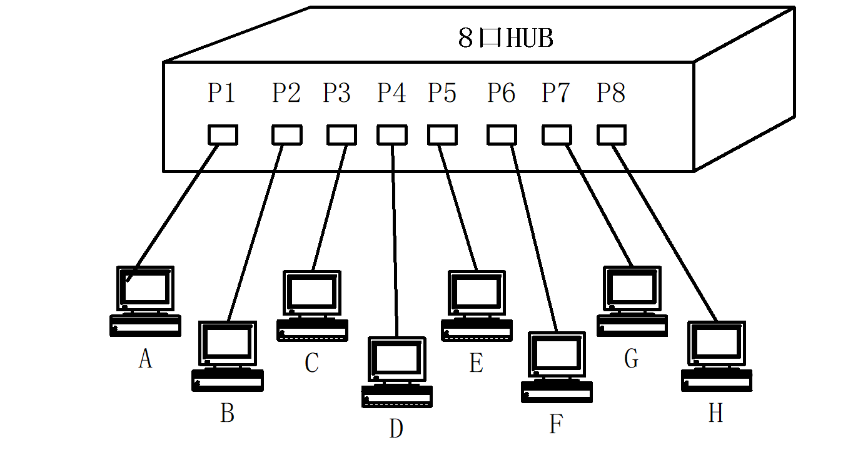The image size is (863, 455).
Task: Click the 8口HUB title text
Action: (x=506, y=39)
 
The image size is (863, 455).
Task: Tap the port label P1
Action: (x=221, y=93)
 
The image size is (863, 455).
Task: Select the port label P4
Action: (x=391, y=93)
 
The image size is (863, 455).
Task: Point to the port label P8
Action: (x=611, y=93)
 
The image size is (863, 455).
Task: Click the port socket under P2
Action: (x=287, y=135)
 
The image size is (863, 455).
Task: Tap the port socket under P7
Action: (x=557, y=135)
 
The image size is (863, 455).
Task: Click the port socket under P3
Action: (x=341, y=135)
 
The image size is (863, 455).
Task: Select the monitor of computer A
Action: (x=146, y=287)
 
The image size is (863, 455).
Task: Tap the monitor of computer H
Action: (x=717, y=343)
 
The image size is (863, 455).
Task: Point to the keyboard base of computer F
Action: (x=557, y=391)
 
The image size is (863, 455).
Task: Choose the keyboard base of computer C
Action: (x=312, y=330)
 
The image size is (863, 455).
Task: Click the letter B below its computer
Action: (x=227, y=413)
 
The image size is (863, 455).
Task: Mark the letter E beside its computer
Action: (x=477, y=363)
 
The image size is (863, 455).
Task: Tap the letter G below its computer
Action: (x=632, y=359)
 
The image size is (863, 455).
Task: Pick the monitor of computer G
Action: (x=632, y=287)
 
